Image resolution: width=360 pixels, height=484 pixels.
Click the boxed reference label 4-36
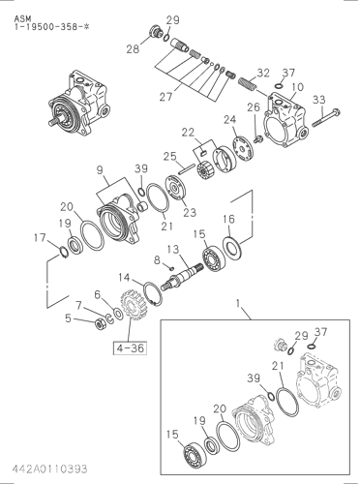pos(130,348)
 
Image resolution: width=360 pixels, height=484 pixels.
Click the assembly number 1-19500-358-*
pos(51,27)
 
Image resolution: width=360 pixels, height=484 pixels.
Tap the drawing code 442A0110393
pos(50,469)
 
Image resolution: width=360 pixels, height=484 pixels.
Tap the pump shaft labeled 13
pos(181,277)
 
